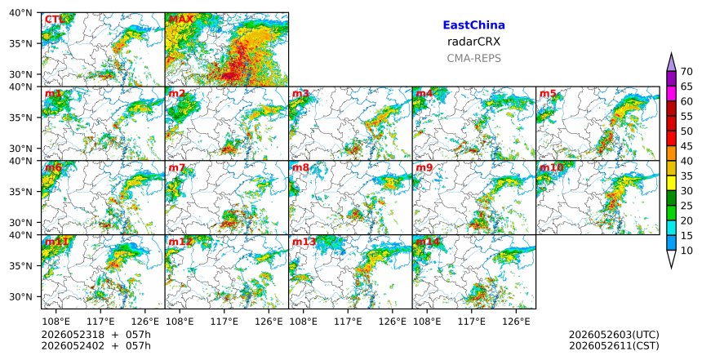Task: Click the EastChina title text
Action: pos(473,25)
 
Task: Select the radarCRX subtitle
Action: pos(473,42)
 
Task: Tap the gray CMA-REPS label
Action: pos(473,58)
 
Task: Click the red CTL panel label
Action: pos(54,20)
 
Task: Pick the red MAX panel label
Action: pos(181,20)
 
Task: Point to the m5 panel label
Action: pos(548,94)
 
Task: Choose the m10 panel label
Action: pos(551,167)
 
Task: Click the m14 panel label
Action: pos(428,242)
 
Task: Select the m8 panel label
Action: pos(300,167)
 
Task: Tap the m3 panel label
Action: pos(300,94)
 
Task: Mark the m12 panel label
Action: pos(180,242)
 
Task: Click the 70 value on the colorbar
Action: pos(686,72)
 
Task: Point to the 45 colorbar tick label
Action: pos(686,146)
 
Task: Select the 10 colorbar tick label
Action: pos(686,251)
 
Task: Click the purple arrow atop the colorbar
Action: pos(671,63)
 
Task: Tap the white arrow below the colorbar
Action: pos(671,258)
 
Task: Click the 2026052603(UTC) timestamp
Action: pos(614,335)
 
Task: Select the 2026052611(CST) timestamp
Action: pos(614,345)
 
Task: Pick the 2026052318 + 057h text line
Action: pos(96,335)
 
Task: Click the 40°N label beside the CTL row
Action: pos(20,12)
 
